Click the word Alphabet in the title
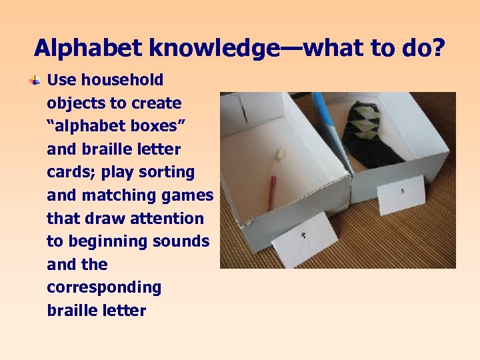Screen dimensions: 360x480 tap(89, 48)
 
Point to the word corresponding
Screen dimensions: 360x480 tap(104, 287)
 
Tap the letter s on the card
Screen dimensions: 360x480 tap(402, 192)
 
